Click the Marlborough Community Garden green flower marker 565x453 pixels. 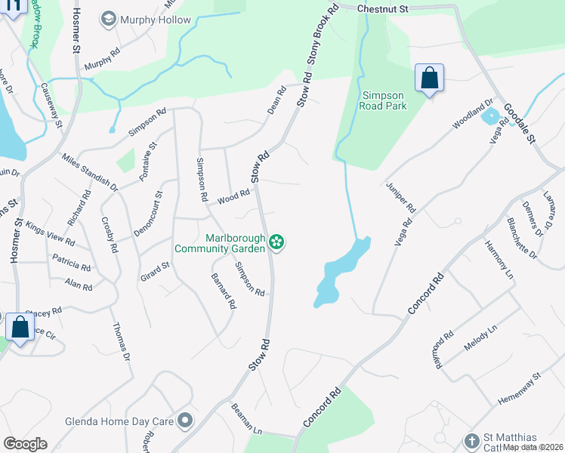click(277, 242)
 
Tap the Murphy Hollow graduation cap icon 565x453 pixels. click(110, 19)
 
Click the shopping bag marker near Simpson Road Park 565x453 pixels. click(429, 78)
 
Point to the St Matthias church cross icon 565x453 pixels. click(472, 441)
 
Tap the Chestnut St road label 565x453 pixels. click(382, 9)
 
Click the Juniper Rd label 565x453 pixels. click(401, 197)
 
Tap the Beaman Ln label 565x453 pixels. click(246, 419)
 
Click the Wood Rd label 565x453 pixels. click(233, 197)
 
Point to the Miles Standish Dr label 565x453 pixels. click(90, 172)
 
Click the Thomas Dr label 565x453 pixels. click(121, 341)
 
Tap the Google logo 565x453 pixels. click(25, 444)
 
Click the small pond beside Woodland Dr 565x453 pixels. click(489, 117)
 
